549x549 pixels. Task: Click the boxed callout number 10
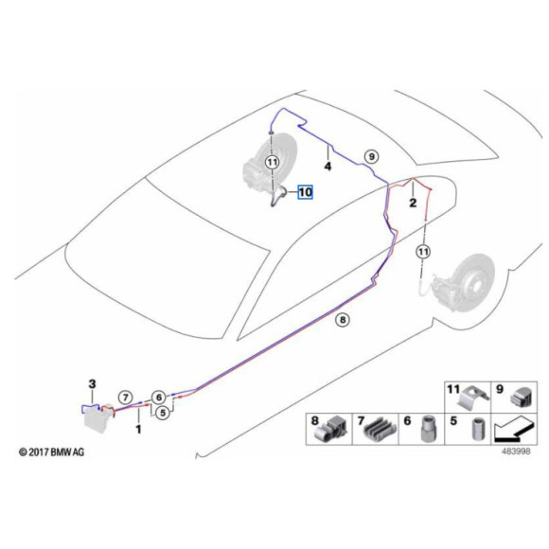(x=305, y=191)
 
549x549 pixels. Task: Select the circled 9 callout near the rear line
(x=371, y=155)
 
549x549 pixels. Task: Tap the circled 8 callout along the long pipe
(x=343, y=320)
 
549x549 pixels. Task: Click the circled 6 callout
(x=159, y=397)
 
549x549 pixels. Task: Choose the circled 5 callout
(x=162, y=413)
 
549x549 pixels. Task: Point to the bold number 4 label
(x=328, y=167)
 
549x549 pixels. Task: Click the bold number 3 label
(x=92, y=383)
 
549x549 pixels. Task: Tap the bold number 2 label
(x=413, y=203)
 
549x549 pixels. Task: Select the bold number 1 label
(x=138, y=429)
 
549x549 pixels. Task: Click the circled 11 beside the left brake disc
(x=272, y=162)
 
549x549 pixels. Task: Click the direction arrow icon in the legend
(x=514, y=430)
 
